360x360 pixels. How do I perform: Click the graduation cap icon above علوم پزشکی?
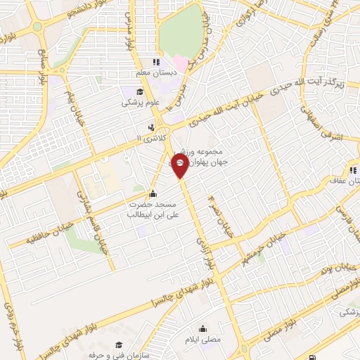click(x=140, y=92)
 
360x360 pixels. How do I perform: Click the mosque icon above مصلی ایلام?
click(x=203, y=328)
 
